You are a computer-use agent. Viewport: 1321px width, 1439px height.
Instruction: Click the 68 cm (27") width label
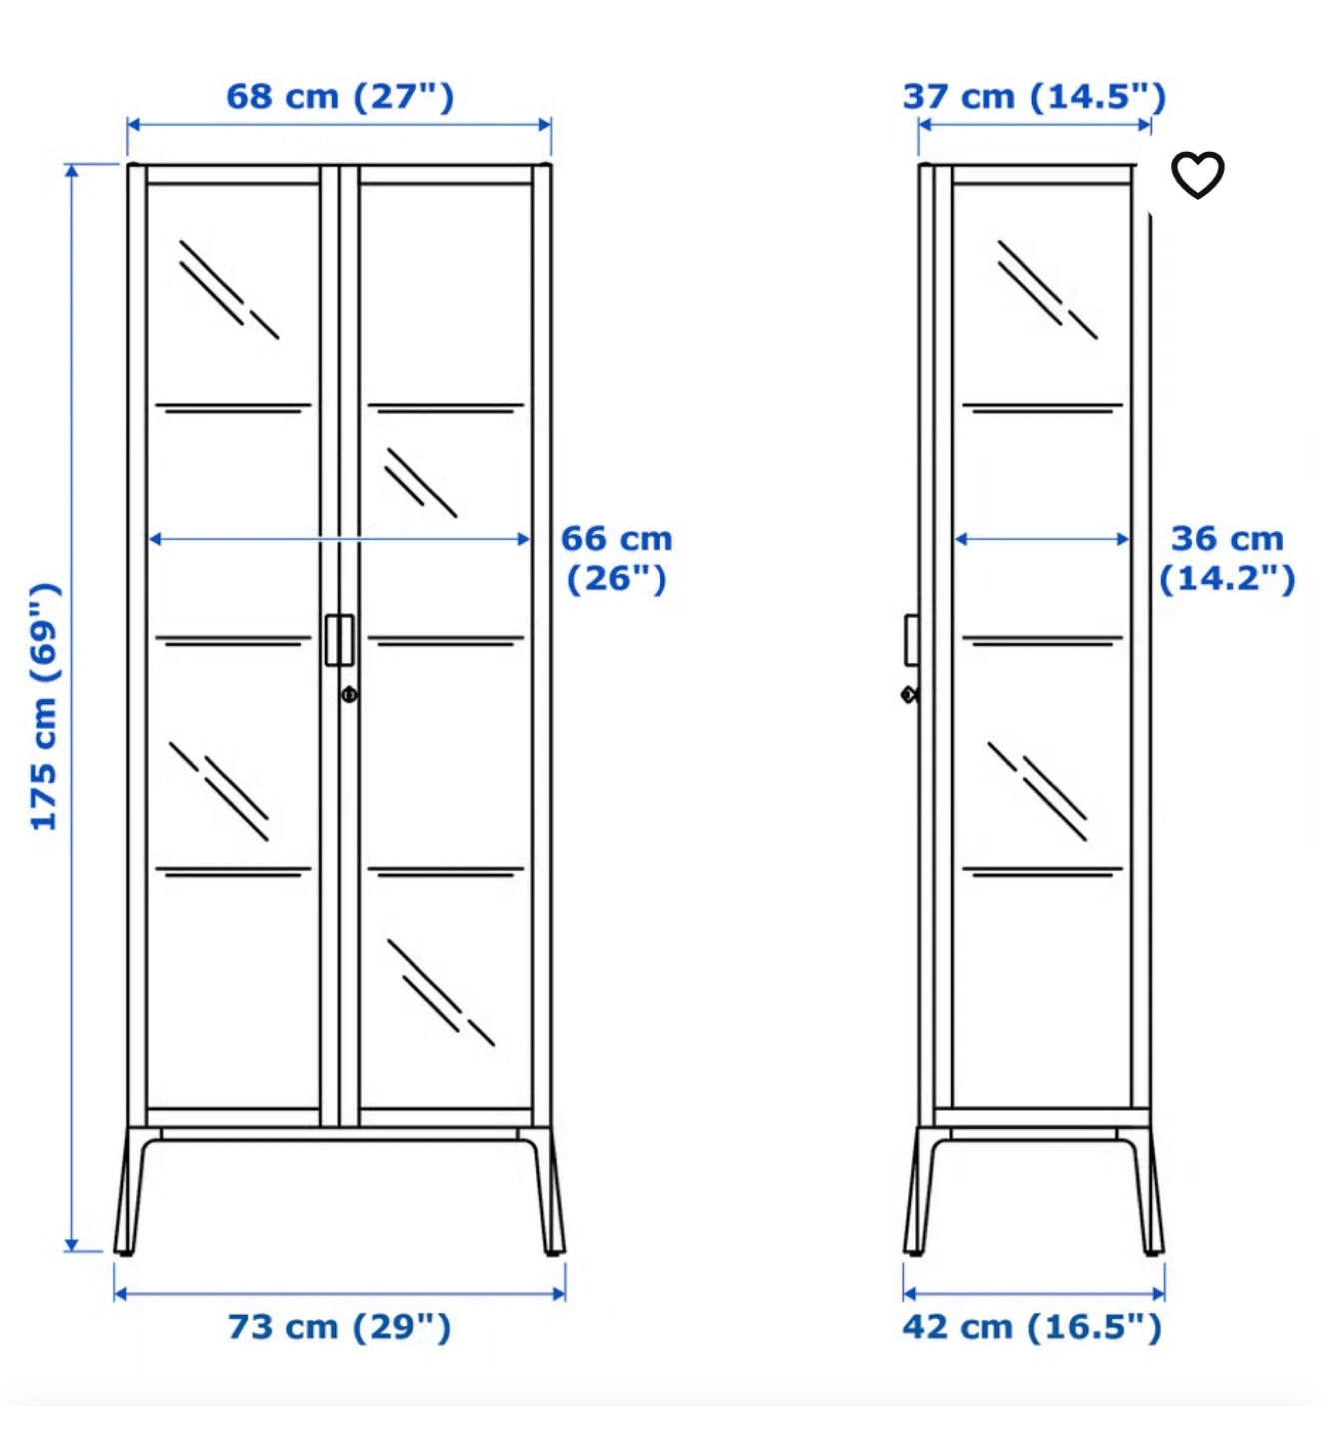[340, 97]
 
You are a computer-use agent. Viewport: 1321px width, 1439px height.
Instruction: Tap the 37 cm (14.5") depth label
[1034, 97]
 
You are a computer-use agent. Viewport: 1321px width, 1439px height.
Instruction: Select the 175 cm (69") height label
[44, 707]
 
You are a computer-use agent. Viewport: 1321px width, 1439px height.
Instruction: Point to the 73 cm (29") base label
[340, 1327]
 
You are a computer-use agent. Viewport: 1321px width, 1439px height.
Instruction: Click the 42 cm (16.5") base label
[1032, 1327]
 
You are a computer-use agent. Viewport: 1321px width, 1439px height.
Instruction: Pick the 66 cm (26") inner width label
[618, 558]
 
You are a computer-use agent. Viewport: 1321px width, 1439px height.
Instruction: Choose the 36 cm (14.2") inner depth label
[1228, 558]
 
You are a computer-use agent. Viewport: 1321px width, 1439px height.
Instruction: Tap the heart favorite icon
[1197, 174]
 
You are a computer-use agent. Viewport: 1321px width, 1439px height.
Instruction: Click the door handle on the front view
[340, 640]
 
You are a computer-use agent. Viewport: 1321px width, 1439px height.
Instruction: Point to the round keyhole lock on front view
[349, 694]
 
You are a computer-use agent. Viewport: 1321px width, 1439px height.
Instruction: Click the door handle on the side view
[912, 640]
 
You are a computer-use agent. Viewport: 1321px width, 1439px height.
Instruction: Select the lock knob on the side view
[910, 695]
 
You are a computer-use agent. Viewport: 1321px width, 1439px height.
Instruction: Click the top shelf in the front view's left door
[233, 408]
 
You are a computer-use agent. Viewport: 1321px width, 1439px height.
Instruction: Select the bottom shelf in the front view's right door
[446, 872]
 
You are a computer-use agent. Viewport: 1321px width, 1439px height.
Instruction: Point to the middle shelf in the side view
[1042, 640]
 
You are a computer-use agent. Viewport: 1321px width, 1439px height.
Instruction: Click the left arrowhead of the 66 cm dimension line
[154, 539]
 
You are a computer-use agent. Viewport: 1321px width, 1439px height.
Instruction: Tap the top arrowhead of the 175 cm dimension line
[71, 170]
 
